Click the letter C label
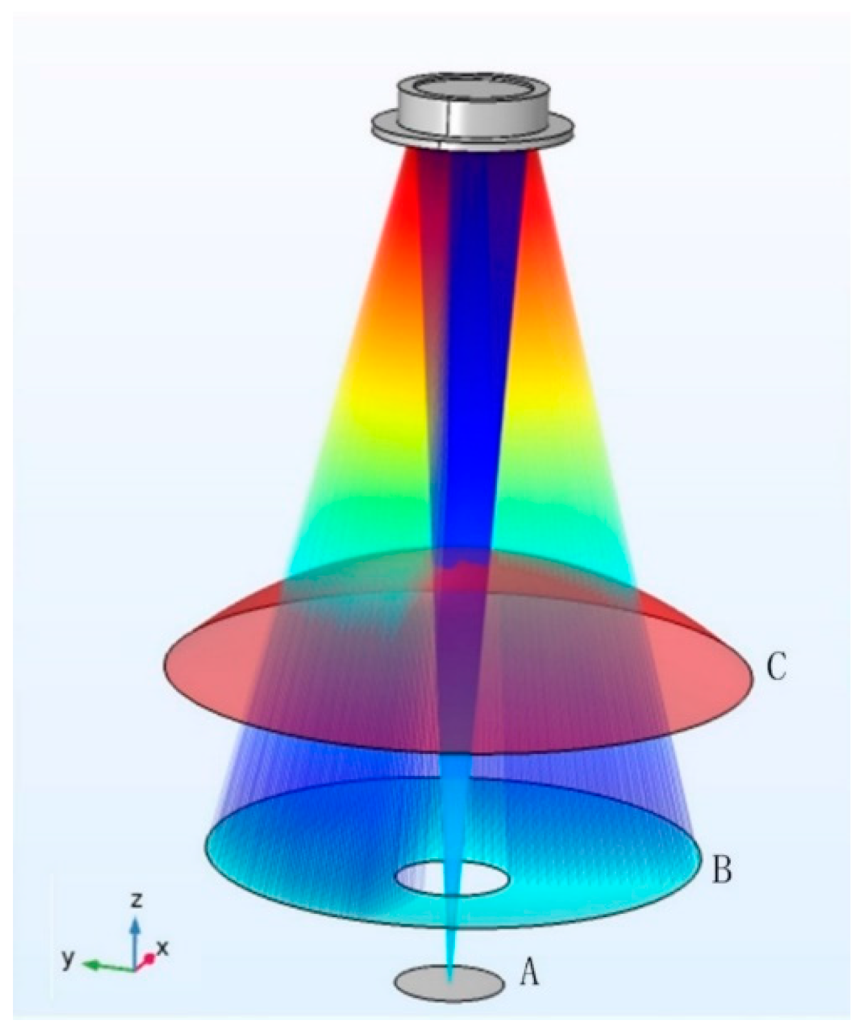tap(775, 667)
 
